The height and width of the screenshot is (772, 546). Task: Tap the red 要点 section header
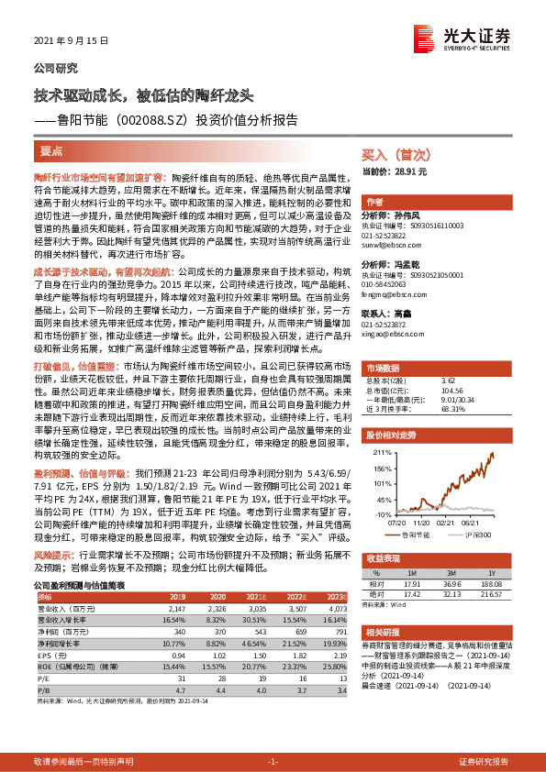[51, 151]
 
